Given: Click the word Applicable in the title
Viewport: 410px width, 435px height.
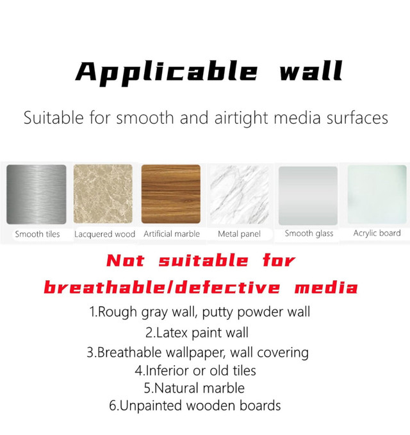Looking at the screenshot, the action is (167, 72).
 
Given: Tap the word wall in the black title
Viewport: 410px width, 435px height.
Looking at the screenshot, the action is (311, 71).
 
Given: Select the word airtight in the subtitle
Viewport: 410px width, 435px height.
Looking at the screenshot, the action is (242, 118).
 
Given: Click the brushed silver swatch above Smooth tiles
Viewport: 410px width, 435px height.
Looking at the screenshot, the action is (37, 194).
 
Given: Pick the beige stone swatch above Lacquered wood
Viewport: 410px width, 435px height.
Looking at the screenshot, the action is (102, 194).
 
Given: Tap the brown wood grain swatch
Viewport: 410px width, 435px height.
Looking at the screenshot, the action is (171, 194).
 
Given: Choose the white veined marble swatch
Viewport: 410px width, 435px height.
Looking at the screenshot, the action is (240, 194).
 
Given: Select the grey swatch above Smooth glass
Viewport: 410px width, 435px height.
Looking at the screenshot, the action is (307, 196).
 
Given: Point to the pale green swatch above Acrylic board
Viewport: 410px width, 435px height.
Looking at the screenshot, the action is (377, 194).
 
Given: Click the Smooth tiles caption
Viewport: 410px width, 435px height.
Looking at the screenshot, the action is (37, 234).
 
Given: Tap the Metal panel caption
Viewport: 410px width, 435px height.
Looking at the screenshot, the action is (240, 234).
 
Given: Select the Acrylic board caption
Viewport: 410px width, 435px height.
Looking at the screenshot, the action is (377, 233).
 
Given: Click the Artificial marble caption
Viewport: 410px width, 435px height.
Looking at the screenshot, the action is (172, 234).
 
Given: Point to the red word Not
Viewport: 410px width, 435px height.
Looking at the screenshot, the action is (126, 260).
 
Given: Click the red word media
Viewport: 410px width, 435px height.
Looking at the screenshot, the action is (326, 287).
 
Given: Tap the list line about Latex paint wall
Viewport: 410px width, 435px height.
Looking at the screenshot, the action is (197, 332).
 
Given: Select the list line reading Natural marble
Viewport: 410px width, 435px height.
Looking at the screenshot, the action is (194, 388).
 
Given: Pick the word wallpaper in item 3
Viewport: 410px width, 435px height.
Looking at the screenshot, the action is (194, 353).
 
